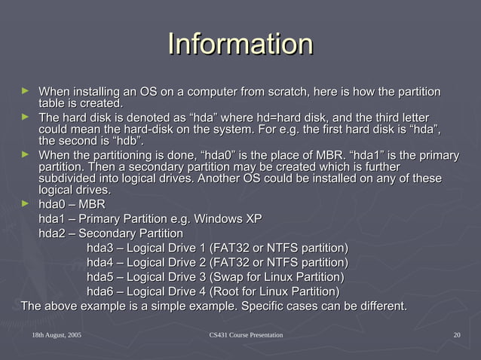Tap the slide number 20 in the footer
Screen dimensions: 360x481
(x=457, y=334)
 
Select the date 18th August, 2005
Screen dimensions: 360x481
(x=57, y=334)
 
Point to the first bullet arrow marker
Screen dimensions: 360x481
(x=26, y=91)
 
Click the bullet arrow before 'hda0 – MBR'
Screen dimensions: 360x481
(x=26, y=203)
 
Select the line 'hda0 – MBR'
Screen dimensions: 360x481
(x=72, y=205)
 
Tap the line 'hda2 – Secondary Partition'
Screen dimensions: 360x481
(x=111, y=233)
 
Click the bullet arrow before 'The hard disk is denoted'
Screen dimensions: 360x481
(x=26, y=117)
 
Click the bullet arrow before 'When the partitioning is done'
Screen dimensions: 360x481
(x=26, y=154)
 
